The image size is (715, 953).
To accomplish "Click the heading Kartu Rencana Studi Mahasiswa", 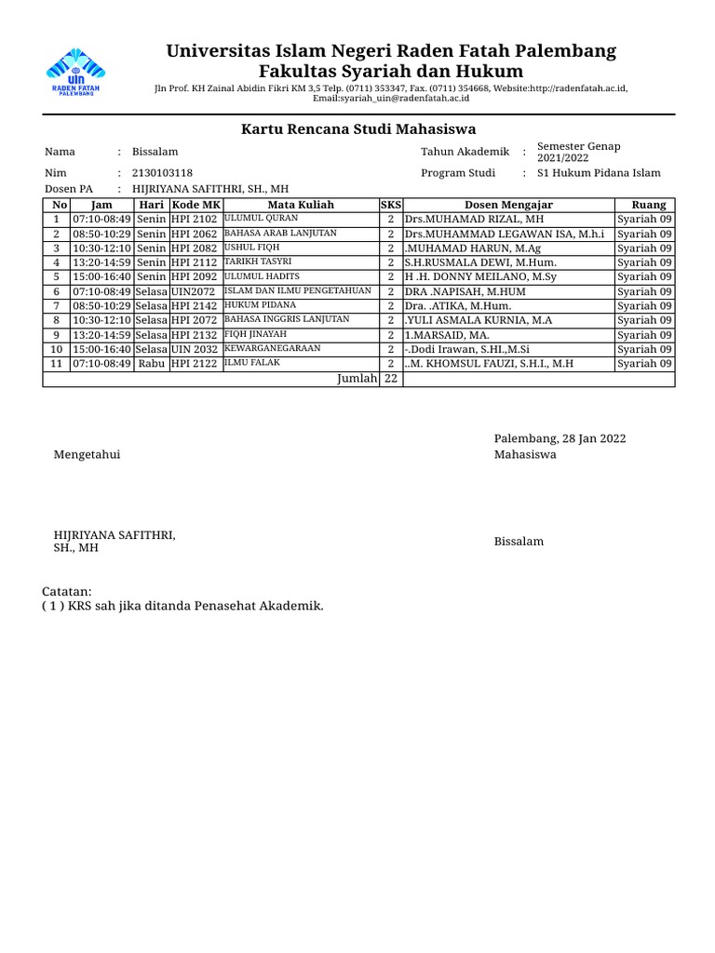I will point(358,129).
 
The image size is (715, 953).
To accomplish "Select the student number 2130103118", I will point(163,173).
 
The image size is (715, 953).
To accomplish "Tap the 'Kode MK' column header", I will point(196,205).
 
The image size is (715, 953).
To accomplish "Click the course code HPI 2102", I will point(194,220).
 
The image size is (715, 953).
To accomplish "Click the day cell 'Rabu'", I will point(151,364).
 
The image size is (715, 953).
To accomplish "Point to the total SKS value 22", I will point(390,379).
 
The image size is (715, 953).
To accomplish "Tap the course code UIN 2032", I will point(194,349).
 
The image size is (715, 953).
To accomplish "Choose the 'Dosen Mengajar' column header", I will point(508,205).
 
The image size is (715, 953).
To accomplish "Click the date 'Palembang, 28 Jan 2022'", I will point(560,438).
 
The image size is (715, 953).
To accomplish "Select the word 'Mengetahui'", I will point(87,455).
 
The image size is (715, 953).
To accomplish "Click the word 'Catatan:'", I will point(68,592).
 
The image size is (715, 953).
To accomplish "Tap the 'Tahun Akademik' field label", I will point(465,152).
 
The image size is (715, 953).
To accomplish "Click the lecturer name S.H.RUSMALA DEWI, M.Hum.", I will point(480,262).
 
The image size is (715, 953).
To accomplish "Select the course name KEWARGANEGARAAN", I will point(272,348).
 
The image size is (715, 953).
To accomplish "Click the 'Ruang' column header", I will point(648,205).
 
